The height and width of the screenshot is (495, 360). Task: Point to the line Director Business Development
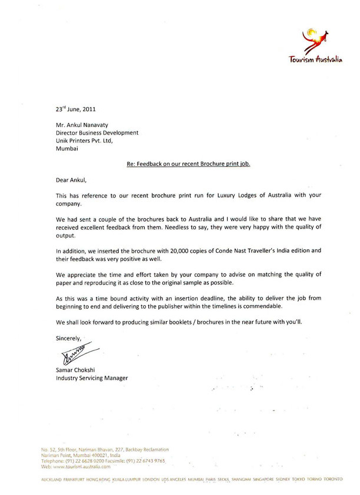tap(96, 133)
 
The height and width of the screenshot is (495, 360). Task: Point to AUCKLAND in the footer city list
tap(52, 480)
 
